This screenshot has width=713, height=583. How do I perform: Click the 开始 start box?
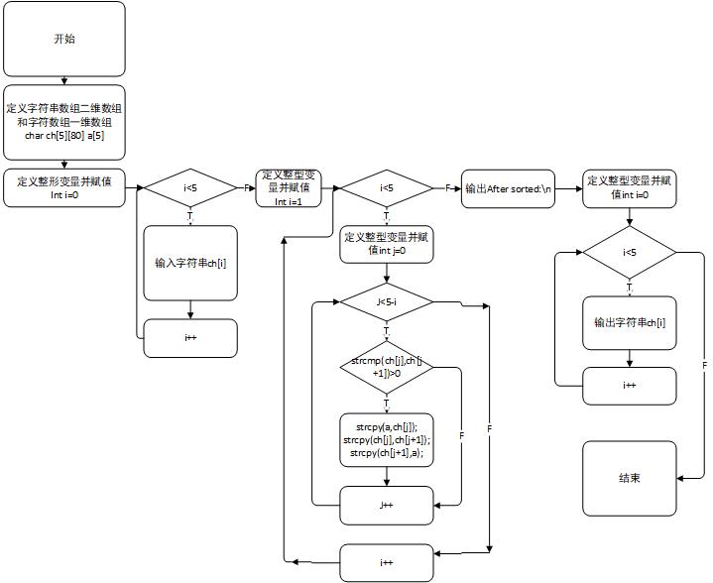click(x=64, y=40)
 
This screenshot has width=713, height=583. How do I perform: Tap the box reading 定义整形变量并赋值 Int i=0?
click(x=64, y=187)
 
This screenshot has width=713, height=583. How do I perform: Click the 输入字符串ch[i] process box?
click(x=190, y=263)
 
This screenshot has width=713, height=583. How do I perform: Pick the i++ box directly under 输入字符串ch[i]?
click(x=190, y=338)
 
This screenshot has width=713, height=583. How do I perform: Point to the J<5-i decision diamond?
click(x=387, y=300)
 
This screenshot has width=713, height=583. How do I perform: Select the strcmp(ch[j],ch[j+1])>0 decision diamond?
click(x=387, y=368)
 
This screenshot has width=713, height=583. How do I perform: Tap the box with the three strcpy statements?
click(x=387, y=439)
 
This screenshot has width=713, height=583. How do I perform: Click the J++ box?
click(x=387, y=505)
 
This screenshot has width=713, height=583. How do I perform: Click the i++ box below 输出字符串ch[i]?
click(x=630, y=386)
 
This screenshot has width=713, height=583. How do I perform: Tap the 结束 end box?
click(x=630, y=477)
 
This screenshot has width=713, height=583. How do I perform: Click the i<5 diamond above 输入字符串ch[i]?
click(x=190, y=187)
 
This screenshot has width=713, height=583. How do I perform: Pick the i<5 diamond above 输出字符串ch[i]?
click(x=630, y=253)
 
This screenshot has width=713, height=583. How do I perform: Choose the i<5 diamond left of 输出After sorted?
click(x=387, y=187)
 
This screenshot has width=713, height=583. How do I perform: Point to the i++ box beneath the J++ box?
click(x=387, y=562)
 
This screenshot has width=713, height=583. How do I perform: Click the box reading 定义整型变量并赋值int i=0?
click(x=630, y=187)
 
